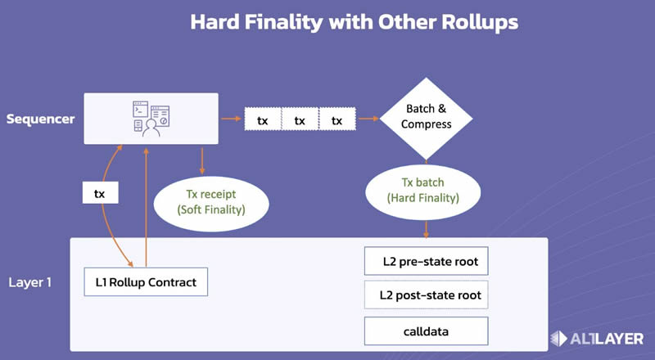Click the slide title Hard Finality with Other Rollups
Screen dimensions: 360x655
(354, 22)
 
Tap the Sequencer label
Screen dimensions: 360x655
(40, 119)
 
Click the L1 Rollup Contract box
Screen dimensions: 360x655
(146, 282)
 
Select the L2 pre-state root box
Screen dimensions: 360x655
(426, 263)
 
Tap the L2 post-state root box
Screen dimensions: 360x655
(426, 295)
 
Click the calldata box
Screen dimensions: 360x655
(426, 330)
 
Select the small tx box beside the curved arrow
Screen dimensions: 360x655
(100, 193)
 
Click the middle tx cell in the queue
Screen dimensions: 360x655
(300, 120)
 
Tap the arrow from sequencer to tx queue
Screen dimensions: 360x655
(231, 120)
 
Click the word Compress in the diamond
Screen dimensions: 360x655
(426, 124)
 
